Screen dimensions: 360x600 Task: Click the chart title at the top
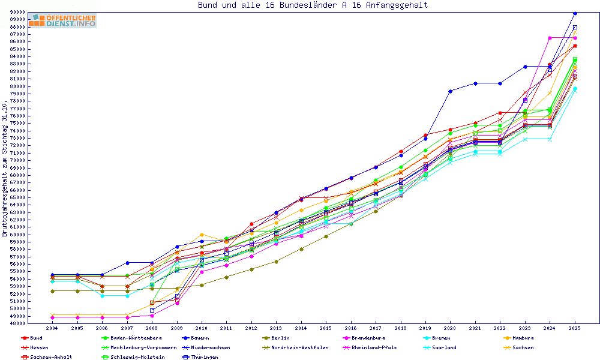313,5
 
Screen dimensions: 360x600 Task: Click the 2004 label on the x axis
52,329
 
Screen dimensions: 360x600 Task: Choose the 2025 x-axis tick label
575,329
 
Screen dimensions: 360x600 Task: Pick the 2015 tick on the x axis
326,329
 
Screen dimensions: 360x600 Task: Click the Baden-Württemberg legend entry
136,338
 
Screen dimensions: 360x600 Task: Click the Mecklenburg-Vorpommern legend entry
143,347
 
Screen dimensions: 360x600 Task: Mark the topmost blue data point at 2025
575,13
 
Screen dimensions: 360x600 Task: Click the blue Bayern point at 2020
451,91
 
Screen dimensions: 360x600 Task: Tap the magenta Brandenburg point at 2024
550,38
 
